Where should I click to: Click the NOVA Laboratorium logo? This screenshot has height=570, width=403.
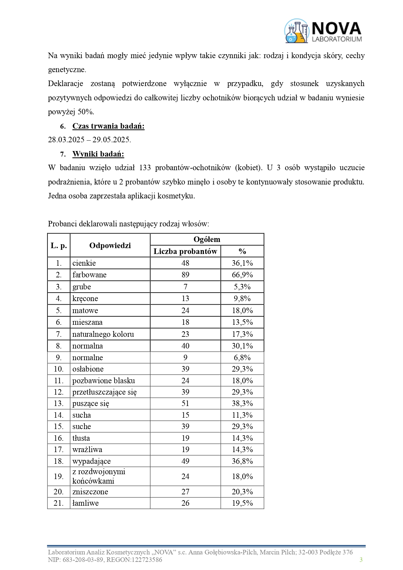pyautogui.click(x=323, y=31)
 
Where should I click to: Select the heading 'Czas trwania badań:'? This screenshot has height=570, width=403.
pyautogui.click(x=108, y=126)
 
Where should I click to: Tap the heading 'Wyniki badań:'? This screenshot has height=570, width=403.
pyautogui.click(x=98, y=154)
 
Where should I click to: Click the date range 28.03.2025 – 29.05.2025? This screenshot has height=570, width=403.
pyautogui.click(x=89, y=140)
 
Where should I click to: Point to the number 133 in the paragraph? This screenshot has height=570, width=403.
pyautogui.click(x=145, y=168)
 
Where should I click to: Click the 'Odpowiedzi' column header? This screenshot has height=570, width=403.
pyautogui.click(x=110, y=246)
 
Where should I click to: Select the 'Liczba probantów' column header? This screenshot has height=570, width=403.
pyautogui.click(x=185, y=251)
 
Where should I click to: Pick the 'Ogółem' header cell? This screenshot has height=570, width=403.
pyautogui.click(x=207, y=239)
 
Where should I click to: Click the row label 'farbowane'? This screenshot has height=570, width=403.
pyautogui.click(x=89, y=275)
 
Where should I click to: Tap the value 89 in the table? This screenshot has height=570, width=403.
pyautogui.click(x=185, y=275)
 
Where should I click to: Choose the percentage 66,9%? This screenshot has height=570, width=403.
pyautogui.click(x=242, y=275)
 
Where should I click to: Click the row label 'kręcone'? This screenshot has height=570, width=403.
pyautogui.click(x=85, y=298)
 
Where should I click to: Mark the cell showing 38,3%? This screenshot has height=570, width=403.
pyautogui.click(x=242, y=403)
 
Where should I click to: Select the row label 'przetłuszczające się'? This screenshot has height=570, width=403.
pyautogui.click(x=104, y=392)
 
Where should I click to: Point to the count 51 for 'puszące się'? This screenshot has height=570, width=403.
pyautogui.click(x=185, y=403)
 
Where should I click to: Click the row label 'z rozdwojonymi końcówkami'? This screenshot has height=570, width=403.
pyautogui.click(x=98, y=476)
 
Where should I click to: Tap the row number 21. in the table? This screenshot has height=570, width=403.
pyautogui.click(x=58, y=503)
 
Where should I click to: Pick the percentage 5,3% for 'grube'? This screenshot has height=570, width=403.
pyautogui.click(x=242, y=287)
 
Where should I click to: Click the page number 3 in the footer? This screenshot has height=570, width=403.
pyautogui.click(x=361, y=560)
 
